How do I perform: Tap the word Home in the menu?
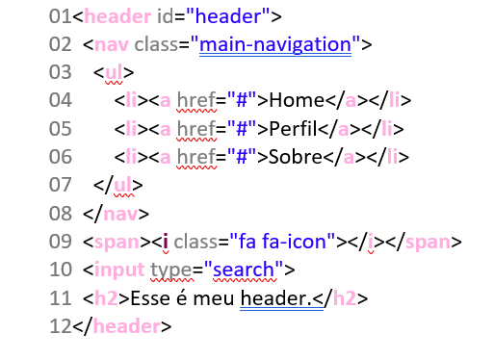pos(298,100)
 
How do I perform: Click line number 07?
pos(61,184)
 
